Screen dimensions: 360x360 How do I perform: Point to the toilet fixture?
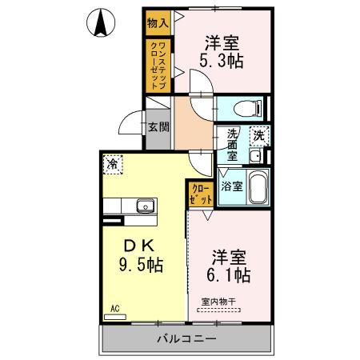coord(246,107)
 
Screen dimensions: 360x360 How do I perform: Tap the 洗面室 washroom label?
coord(232,145)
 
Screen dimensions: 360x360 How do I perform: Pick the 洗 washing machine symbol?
coord(259,136)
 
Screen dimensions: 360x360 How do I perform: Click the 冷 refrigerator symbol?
coord(113,165)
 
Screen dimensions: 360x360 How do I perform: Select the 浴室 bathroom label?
coord(232,187)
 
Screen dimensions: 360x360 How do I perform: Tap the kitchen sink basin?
coord(145,206)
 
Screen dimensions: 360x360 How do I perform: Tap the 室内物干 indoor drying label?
coord(219,301)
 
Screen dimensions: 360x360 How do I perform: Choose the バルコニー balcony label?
coord(184,339)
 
